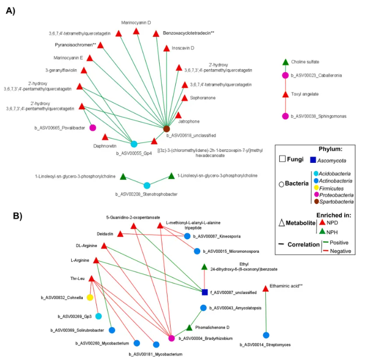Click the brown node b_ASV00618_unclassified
pos(166,128)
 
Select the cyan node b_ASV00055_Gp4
pos(134,144)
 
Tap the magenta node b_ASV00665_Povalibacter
pos(93,127)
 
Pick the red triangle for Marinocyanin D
pos(136,32)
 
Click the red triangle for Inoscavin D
pos(166,48)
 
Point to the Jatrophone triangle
pos(178,115)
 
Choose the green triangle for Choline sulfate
pos(285,62)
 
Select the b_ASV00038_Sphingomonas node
pos(285,115)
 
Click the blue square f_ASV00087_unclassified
pos(205,292)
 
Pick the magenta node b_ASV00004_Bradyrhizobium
pos(172,338)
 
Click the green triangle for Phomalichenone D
pos(190,328)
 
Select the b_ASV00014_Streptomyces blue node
pos(266,335)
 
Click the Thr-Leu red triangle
pos(92,279)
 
